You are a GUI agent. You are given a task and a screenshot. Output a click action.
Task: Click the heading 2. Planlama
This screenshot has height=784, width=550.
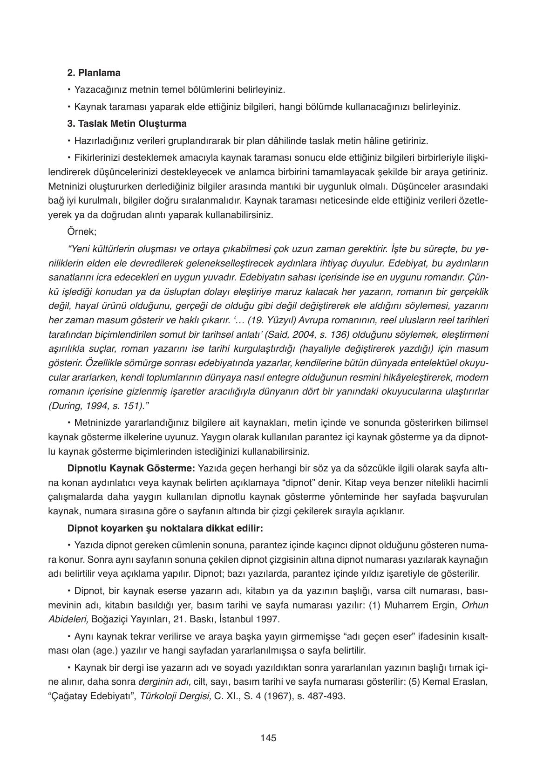click(94, 73)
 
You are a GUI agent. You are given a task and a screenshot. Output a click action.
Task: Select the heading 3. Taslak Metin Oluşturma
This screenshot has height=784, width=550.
click(127, 123)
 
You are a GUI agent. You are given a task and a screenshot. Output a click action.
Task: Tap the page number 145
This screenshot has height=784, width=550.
click(269, 738)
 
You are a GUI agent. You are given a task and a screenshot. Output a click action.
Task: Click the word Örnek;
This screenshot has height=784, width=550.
click(81, 232)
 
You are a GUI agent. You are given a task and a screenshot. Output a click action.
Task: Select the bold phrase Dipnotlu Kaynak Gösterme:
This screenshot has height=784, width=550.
click(131, 468)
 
